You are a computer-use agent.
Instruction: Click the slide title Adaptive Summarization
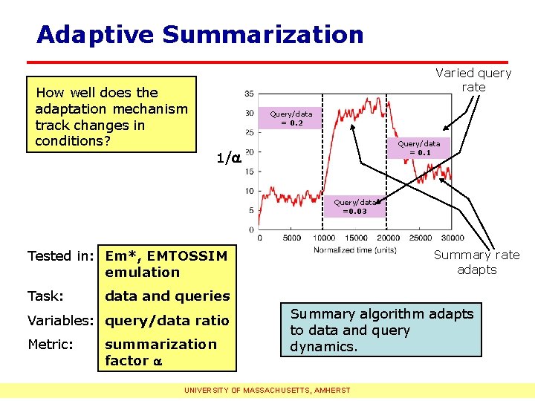point(200,34)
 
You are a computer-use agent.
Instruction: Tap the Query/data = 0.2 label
point(291,118)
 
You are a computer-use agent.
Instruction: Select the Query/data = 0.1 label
point(418,148)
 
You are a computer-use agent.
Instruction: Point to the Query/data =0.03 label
point(354,206)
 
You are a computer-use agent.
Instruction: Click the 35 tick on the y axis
point(248,94)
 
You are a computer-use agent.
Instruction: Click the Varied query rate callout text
point(473,79)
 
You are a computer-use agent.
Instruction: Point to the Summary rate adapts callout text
point(476,262)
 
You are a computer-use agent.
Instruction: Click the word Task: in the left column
point(45,296)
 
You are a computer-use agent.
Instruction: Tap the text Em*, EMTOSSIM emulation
point(166,264)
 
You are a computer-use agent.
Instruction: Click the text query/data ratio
point(167,321)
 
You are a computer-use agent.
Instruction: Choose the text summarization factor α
point(161,352)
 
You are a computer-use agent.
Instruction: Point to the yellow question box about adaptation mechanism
point(111,116)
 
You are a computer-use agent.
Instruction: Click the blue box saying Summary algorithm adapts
point(381,330)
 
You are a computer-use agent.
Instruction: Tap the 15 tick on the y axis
point(248,172)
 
